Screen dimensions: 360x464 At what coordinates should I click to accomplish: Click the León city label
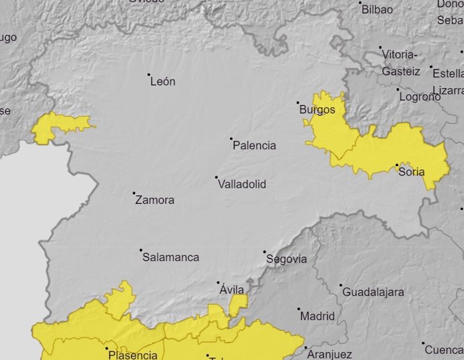(x=163, y=81)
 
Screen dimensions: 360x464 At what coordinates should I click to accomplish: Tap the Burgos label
(x=317, y=109)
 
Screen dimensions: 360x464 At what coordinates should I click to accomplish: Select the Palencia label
(x=254, y=145)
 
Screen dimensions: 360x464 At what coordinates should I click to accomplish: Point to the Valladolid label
(x=242, y=184)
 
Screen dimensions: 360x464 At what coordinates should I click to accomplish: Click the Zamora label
(x=155, y=200)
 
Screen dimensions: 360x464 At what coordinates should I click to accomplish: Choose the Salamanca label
(x=170, y=257)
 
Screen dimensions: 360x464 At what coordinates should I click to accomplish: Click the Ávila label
(x=233, y=289)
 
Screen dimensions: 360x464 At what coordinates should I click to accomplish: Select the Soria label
(x=412, y=172)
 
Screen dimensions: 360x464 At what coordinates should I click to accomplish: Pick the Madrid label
(x=317, y=316)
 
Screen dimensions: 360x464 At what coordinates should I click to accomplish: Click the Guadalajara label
(x=373, y=292)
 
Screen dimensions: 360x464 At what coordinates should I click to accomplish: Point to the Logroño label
(x=420, y=96)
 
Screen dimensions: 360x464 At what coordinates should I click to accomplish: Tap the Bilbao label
(x=377, y=9)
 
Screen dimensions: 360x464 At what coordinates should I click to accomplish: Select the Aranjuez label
(x=328, y=354)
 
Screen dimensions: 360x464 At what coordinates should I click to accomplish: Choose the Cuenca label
(x=444, y=350)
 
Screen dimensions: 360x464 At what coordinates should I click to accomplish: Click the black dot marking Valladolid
(x=217, y=178)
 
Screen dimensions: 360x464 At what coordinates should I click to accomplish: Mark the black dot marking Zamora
(x=134, y=194)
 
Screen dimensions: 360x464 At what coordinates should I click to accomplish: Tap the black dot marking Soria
(x=397, y=165)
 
